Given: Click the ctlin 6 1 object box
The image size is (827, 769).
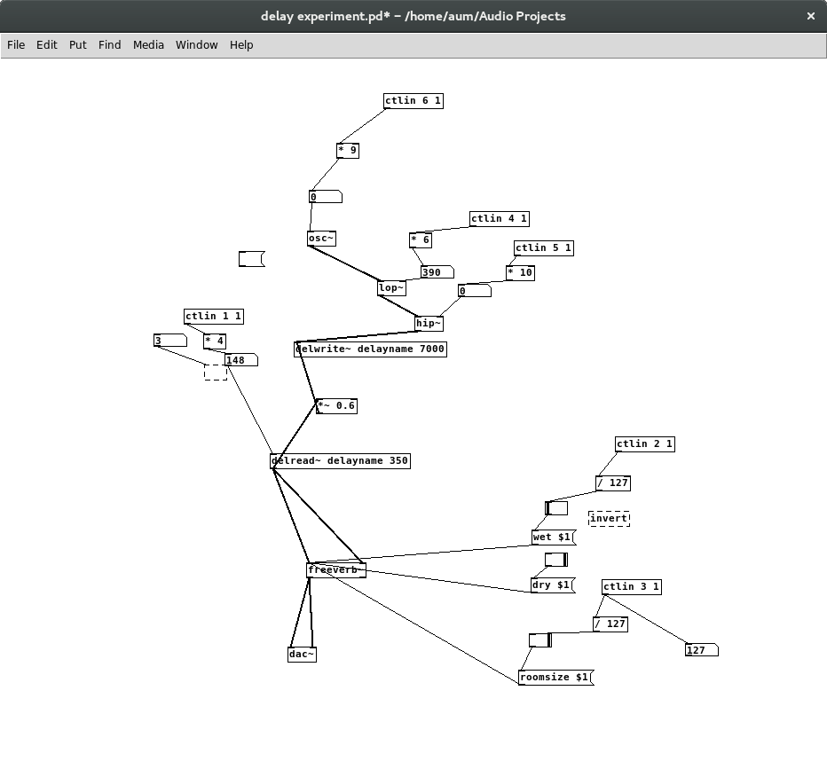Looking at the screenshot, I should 413,101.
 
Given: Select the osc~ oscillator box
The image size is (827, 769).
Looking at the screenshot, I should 321,239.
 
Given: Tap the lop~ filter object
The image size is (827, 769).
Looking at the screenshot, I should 391,288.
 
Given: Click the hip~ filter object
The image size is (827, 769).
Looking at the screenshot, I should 429,324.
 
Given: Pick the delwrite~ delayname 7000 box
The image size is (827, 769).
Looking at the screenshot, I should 370,349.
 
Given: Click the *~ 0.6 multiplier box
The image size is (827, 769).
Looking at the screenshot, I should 336,406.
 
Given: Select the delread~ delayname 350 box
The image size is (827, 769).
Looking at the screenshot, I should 340,461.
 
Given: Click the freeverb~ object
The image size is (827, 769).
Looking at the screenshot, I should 335,570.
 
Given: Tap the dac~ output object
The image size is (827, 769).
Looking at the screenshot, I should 302,655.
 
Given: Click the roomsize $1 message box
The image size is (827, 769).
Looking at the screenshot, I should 555,678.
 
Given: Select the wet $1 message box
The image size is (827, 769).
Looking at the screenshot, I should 553,538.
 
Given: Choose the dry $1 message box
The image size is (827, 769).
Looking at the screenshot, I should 552,585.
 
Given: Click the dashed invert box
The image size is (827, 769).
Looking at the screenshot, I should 610,518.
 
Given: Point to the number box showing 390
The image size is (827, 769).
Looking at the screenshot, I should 437,272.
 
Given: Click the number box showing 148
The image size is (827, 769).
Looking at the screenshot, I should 240,360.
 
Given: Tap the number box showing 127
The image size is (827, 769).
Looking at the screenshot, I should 701,650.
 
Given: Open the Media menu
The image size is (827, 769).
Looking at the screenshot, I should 148,44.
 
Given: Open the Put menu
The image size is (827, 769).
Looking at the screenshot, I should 78,44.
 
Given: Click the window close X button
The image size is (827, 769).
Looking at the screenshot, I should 811,16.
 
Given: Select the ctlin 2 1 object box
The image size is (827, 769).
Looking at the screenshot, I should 644,444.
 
